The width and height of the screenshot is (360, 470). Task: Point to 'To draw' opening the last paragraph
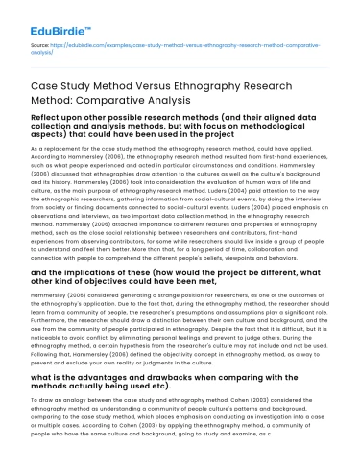[x=42, y=421]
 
